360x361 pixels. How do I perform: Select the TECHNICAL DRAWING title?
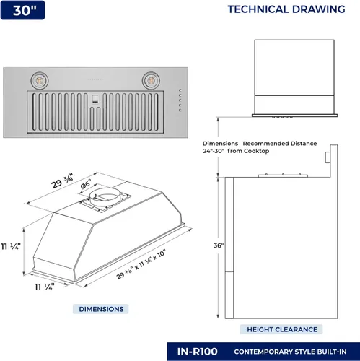[x=286, y=10]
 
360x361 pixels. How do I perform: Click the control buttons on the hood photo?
[x=181, y=100]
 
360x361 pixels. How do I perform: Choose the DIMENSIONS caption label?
[x=101, y=309]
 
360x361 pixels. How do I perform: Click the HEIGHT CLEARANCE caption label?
[x=282, y=329]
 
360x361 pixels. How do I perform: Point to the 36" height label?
[x=219, y=246]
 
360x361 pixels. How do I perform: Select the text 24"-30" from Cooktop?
[x=236, y=151]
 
